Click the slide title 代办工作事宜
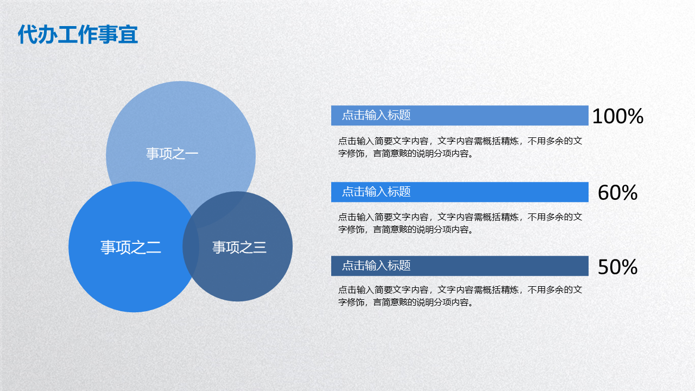click(78, 34)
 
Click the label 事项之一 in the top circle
click(172, 154)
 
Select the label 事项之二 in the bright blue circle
click(131, 247)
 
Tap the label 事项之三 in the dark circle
click(239, 247)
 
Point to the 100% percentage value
click(618, 116)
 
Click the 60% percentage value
click(617, 193)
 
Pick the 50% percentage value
click(617, 267)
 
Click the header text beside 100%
click(376, 115)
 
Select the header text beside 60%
click(376, 192)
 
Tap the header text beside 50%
click(376, 266)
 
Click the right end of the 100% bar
click(588, 116)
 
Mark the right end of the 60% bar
click(588, 192)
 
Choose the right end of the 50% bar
click(588, 266)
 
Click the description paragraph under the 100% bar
click(460, 147)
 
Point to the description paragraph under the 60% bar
click(460, 223)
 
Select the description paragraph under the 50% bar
click(460, 296)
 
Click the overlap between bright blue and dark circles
click(191, 247)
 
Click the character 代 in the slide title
click(27, 34)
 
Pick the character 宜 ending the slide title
click(128, 34)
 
